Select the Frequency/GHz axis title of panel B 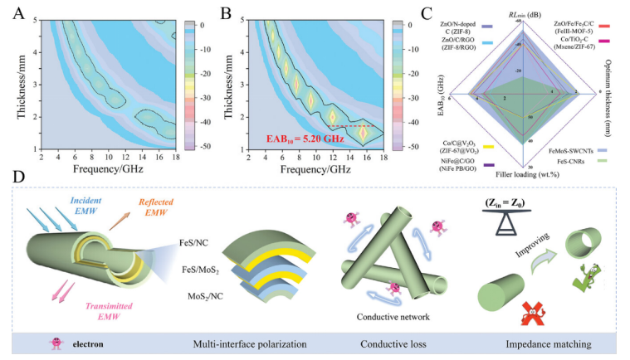(315, 170)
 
